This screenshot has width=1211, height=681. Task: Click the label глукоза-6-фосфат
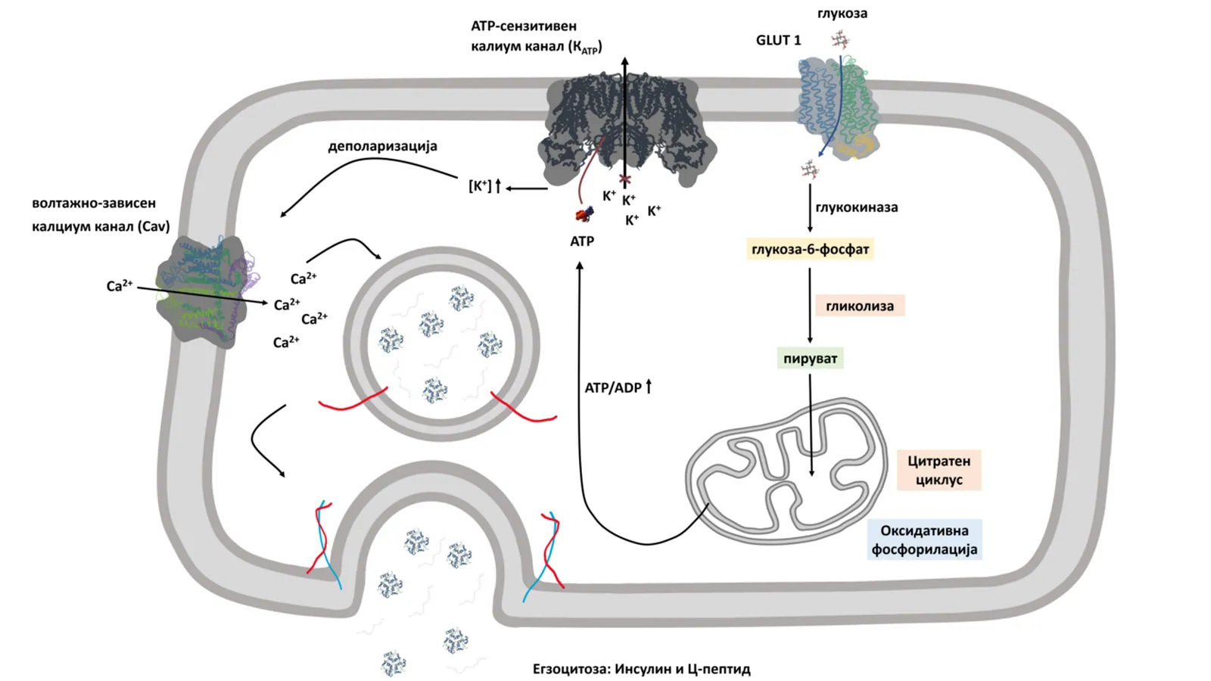[x=810, y=249]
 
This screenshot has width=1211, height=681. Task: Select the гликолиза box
[x=860, y=306]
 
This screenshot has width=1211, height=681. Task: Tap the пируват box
[x=810, y=359]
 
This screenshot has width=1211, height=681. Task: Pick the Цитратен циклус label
[x=939, y=470]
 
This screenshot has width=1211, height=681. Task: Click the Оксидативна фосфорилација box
[x=924, y=540]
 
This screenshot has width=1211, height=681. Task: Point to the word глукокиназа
[x=856, y=207]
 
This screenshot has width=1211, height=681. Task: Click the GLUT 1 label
[x=779, y=40]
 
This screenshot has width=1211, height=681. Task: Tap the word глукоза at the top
[x=842, y=13]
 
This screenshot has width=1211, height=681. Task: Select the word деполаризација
[x=382, y=146]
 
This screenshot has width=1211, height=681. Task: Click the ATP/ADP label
[x=613, y=387]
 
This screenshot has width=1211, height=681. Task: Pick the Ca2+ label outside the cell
[x=120, y=285]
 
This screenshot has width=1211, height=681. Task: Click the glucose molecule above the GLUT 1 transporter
[x=840, y=39]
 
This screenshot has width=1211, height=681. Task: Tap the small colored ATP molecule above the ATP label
[x=584, y=215]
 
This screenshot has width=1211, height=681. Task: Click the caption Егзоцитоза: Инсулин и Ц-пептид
[x=641, y=669]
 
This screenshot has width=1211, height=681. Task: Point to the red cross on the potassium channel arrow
[x=625, y=179]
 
